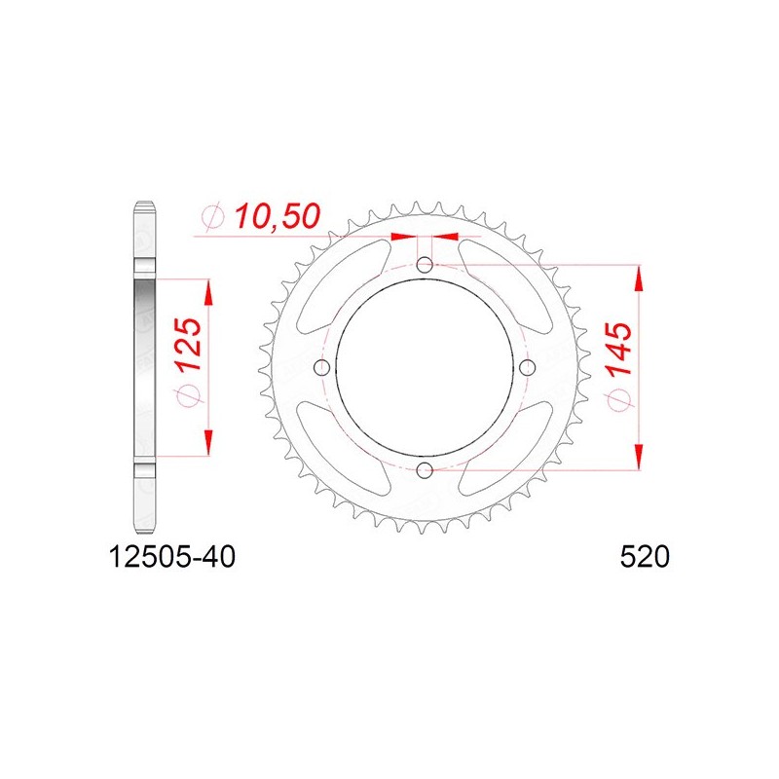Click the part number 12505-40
click(171, 557)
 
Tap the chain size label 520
click(645, 557)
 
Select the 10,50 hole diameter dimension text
click(278, 216)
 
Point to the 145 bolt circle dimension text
click(617, 348)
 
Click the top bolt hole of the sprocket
click(425, 265)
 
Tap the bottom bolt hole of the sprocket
click(425, 469)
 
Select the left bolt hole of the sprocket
click(322, 367)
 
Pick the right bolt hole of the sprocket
click(527, 367)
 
